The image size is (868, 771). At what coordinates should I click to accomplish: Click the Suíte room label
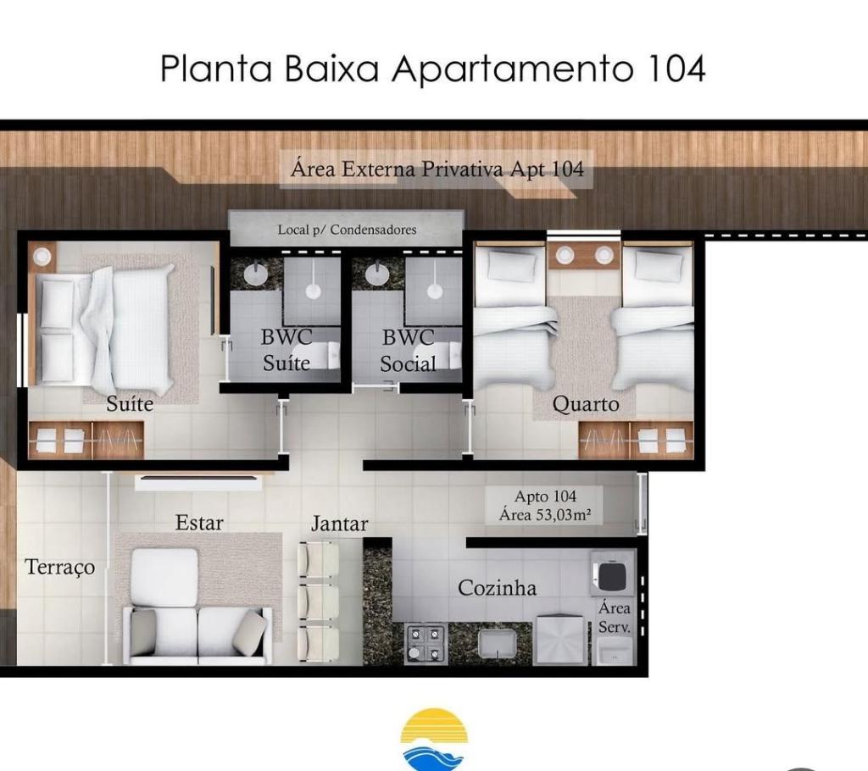click(130, 403)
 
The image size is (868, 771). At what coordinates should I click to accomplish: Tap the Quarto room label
click(586, 405)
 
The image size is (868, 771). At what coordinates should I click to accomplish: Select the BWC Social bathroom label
click(408, 351)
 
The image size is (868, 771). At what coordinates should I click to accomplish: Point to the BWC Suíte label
click(287, 350)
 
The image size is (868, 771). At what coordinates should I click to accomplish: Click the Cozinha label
click(497, 587)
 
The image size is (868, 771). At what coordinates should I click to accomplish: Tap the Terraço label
click(60, 568)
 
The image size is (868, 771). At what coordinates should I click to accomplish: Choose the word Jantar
click(339, 524)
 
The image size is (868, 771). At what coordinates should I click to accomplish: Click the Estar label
click(199, 523)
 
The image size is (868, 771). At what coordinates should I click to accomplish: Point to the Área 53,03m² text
click(545, 515)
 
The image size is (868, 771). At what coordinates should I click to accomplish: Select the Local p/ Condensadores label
click(347, 229)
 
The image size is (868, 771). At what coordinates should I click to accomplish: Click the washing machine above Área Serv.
click(612, 573)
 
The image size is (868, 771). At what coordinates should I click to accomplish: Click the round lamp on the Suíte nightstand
click(42, 256)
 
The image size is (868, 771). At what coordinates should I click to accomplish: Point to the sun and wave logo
click(435, 740)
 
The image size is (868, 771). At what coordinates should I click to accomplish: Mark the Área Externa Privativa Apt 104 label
click(437, 169)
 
